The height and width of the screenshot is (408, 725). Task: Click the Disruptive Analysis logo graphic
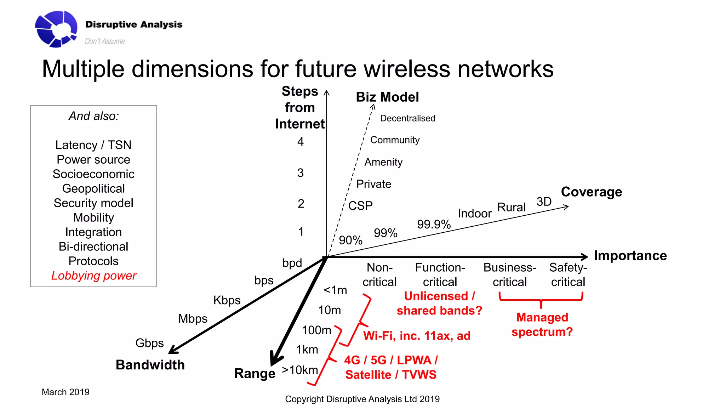point(56,29)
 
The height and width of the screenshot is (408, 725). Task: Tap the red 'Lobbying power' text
point(94,276)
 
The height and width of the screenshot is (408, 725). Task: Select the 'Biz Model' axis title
point(387,97)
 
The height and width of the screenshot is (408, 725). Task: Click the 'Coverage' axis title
point(591,192)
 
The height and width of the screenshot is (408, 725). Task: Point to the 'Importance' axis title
point(630,256)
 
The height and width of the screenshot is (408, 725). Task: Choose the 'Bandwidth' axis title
point(150,365)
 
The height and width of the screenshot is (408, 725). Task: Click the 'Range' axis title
point(255,373)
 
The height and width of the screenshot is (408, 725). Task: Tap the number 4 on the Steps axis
point(301,142)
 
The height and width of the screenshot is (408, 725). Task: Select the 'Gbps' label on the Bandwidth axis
point(149,343)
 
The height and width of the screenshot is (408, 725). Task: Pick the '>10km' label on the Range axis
point(300,370)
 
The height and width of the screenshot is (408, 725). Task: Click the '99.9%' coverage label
point(434,224)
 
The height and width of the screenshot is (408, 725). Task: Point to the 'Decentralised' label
point(407,118)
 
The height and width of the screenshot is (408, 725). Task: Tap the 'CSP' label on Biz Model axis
point(360,206)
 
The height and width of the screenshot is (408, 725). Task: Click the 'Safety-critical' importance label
point(568,274)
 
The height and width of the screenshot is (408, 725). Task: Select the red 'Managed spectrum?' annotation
point(542,324)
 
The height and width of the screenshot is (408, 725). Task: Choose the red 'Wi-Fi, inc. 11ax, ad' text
point(417,336)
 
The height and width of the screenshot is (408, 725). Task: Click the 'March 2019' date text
point(65,392)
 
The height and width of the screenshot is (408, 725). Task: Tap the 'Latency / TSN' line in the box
point(93,145)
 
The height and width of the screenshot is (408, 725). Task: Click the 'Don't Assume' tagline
point(105,41)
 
